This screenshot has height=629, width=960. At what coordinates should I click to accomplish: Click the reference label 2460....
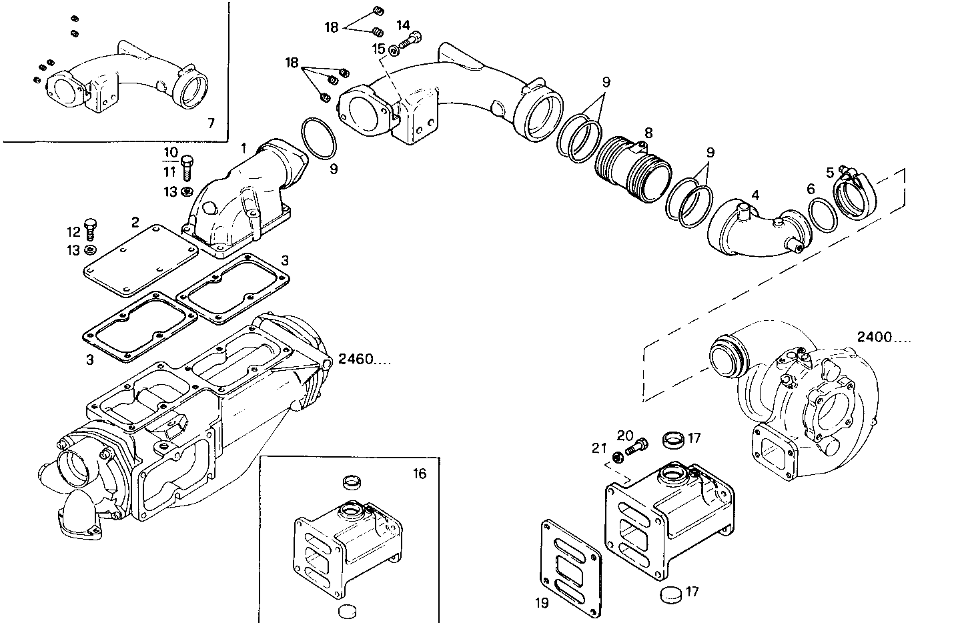pyautogui.click(x=364, y=360)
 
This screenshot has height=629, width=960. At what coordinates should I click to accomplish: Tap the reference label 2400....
pyautogui.click(x=883, y=338)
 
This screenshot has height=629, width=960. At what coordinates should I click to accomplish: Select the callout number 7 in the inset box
pyautogui.click(x=211, y=123)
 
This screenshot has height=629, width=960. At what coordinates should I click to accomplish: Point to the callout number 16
pyautogui.click(x=419, y=474)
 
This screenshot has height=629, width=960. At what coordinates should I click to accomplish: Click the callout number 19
pyautogui.click(x=542, y=603)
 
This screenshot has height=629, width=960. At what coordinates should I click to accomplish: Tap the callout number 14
pyautogui.click(x=403, y=25)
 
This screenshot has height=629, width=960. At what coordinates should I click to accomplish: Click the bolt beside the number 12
pyautogui.click(x=91, y=228)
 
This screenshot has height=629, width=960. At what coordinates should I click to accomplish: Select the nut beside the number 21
pyautogui.click(x=617, y=457)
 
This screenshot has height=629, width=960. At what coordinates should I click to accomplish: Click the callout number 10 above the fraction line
pyautogui.click(x=170, y=152)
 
